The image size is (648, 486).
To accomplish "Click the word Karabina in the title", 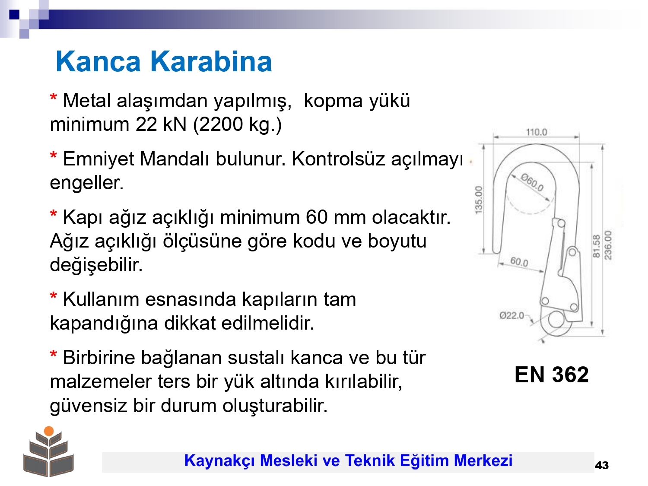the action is [211, 62].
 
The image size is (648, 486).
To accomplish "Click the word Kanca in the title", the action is [98, 62].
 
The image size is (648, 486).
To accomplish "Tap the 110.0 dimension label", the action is [537, 132].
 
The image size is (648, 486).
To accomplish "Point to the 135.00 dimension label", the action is [478, 200].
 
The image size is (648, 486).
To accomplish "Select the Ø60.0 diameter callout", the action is [532, 182].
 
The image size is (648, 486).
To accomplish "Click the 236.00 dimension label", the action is [608, 245].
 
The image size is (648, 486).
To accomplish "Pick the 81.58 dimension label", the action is [596, 246].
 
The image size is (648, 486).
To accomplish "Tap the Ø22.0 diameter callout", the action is [511, 315].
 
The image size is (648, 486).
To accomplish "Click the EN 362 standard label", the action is [552, 375].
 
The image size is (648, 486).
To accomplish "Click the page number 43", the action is [602, 465].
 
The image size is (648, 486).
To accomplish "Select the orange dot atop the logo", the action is [49, 431].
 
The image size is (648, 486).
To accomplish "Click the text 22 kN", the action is [161, 124].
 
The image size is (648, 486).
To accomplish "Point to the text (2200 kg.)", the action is [237, 124].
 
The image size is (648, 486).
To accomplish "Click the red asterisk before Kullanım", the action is [54, 296].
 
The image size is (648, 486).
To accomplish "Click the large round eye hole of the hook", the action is [556, 320].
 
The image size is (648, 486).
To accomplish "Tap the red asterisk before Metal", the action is [54, 97].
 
